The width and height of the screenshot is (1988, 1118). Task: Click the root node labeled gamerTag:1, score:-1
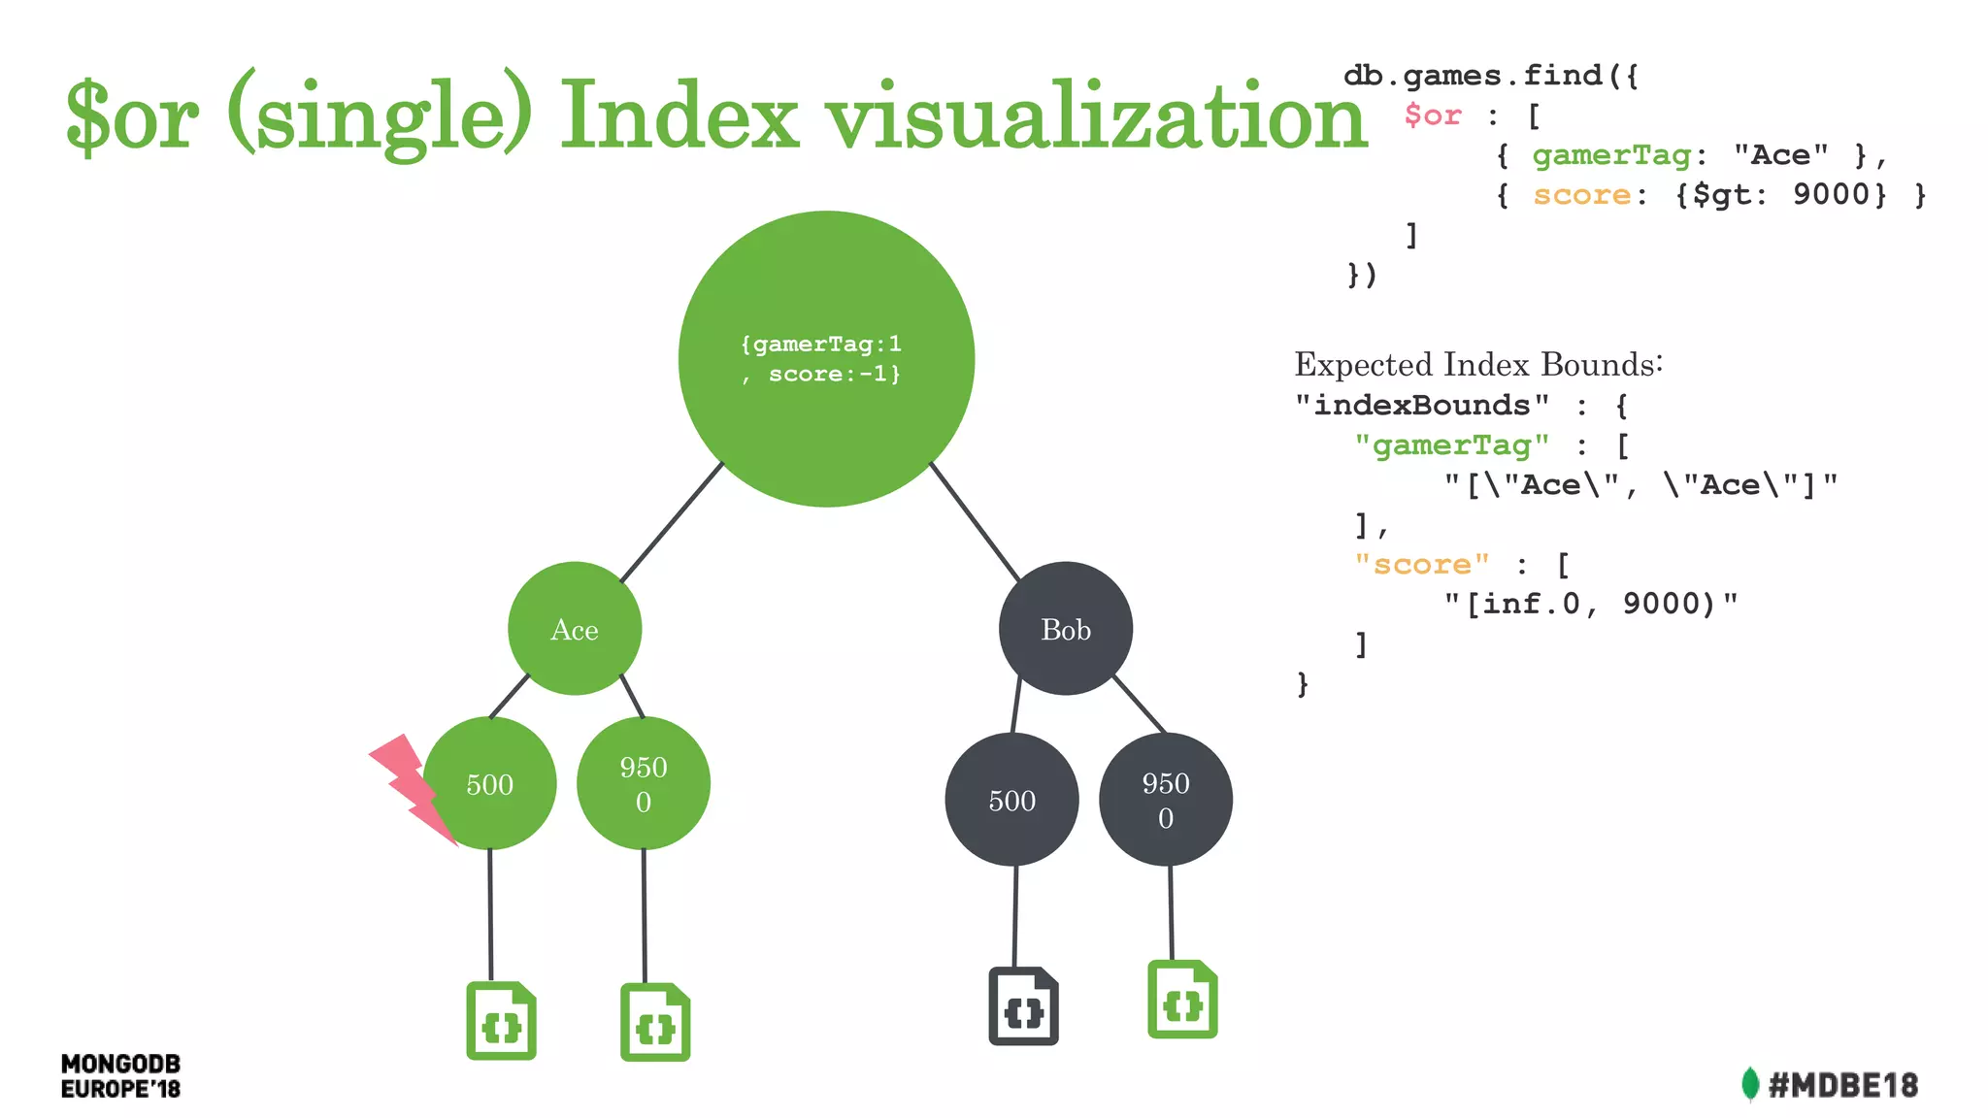(x=826, y=359)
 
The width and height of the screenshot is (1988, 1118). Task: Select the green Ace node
(x=575, y=629)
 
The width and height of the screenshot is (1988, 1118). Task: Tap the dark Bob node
(x=1066, y=629)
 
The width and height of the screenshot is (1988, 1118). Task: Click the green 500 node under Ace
(x=490, y=783)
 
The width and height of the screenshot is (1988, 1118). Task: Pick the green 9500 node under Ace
(x=644, y=783)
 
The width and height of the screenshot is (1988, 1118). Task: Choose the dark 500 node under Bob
(x=1011, y=800)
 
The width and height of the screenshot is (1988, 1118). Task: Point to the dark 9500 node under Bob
(x=1166, y=800)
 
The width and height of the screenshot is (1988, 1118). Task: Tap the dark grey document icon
(x=1023, y=1006)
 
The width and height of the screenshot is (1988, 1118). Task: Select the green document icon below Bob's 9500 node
(x=1182, y=1000)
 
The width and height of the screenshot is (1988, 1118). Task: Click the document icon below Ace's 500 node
(x=501, y=1021)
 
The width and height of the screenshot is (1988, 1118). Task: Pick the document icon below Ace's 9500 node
(x=655, y=1023)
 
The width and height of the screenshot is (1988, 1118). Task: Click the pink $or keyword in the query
(x=1433, y=115)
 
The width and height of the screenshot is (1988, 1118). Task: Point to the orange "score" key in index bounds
(x=1422, y=564)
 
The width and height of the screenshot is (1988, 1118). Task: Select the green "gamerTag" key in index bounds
(x=1452, y=444)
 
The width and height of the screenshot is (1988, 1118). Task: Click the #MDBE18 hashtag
(x=1843, y=1085)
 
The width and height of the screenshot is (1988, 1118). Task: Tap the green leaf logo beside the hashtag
(x=1750, y=1084)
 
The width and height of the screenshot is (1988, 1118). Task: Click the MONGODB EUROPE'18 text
(x=120, y=1076)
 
